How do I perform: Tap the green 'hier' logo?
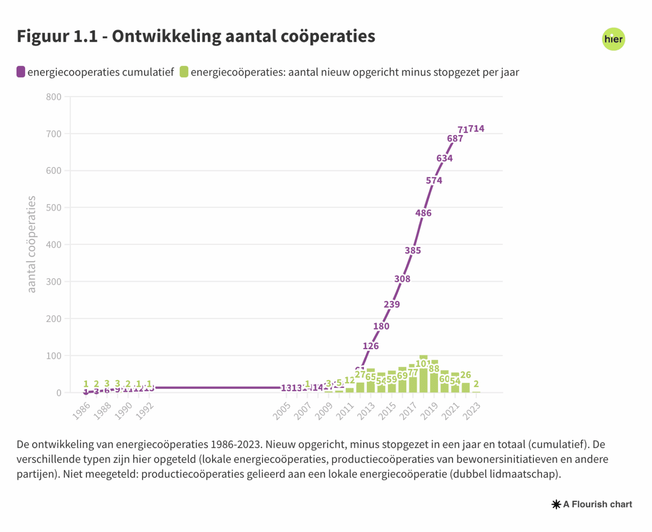point(613,39)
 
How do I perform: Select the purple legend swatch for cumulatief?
point(21,72)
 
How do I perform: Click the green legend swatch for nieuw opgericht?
point(184,72)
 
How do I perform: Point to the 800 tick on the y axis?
point(54,97)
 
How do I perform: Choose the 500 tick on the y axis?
point(54,208)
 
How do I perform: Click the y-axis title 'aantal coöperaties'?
point(31,244)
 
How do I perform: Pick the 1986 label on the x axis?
point(81,411)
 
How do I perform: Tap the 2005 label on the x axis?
point(282,411)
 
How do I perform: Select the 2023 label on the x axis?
point(472,411)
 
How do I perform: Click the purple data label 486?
point(423,213)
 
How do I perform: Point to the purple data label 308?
point(402,279)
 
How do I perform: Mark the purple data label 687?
point(455,139)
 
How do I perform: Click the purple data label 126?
point(371,346)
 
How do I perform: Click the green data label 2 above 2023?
point(476,384)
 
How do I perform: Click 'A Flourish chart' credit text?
point(597,505)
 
